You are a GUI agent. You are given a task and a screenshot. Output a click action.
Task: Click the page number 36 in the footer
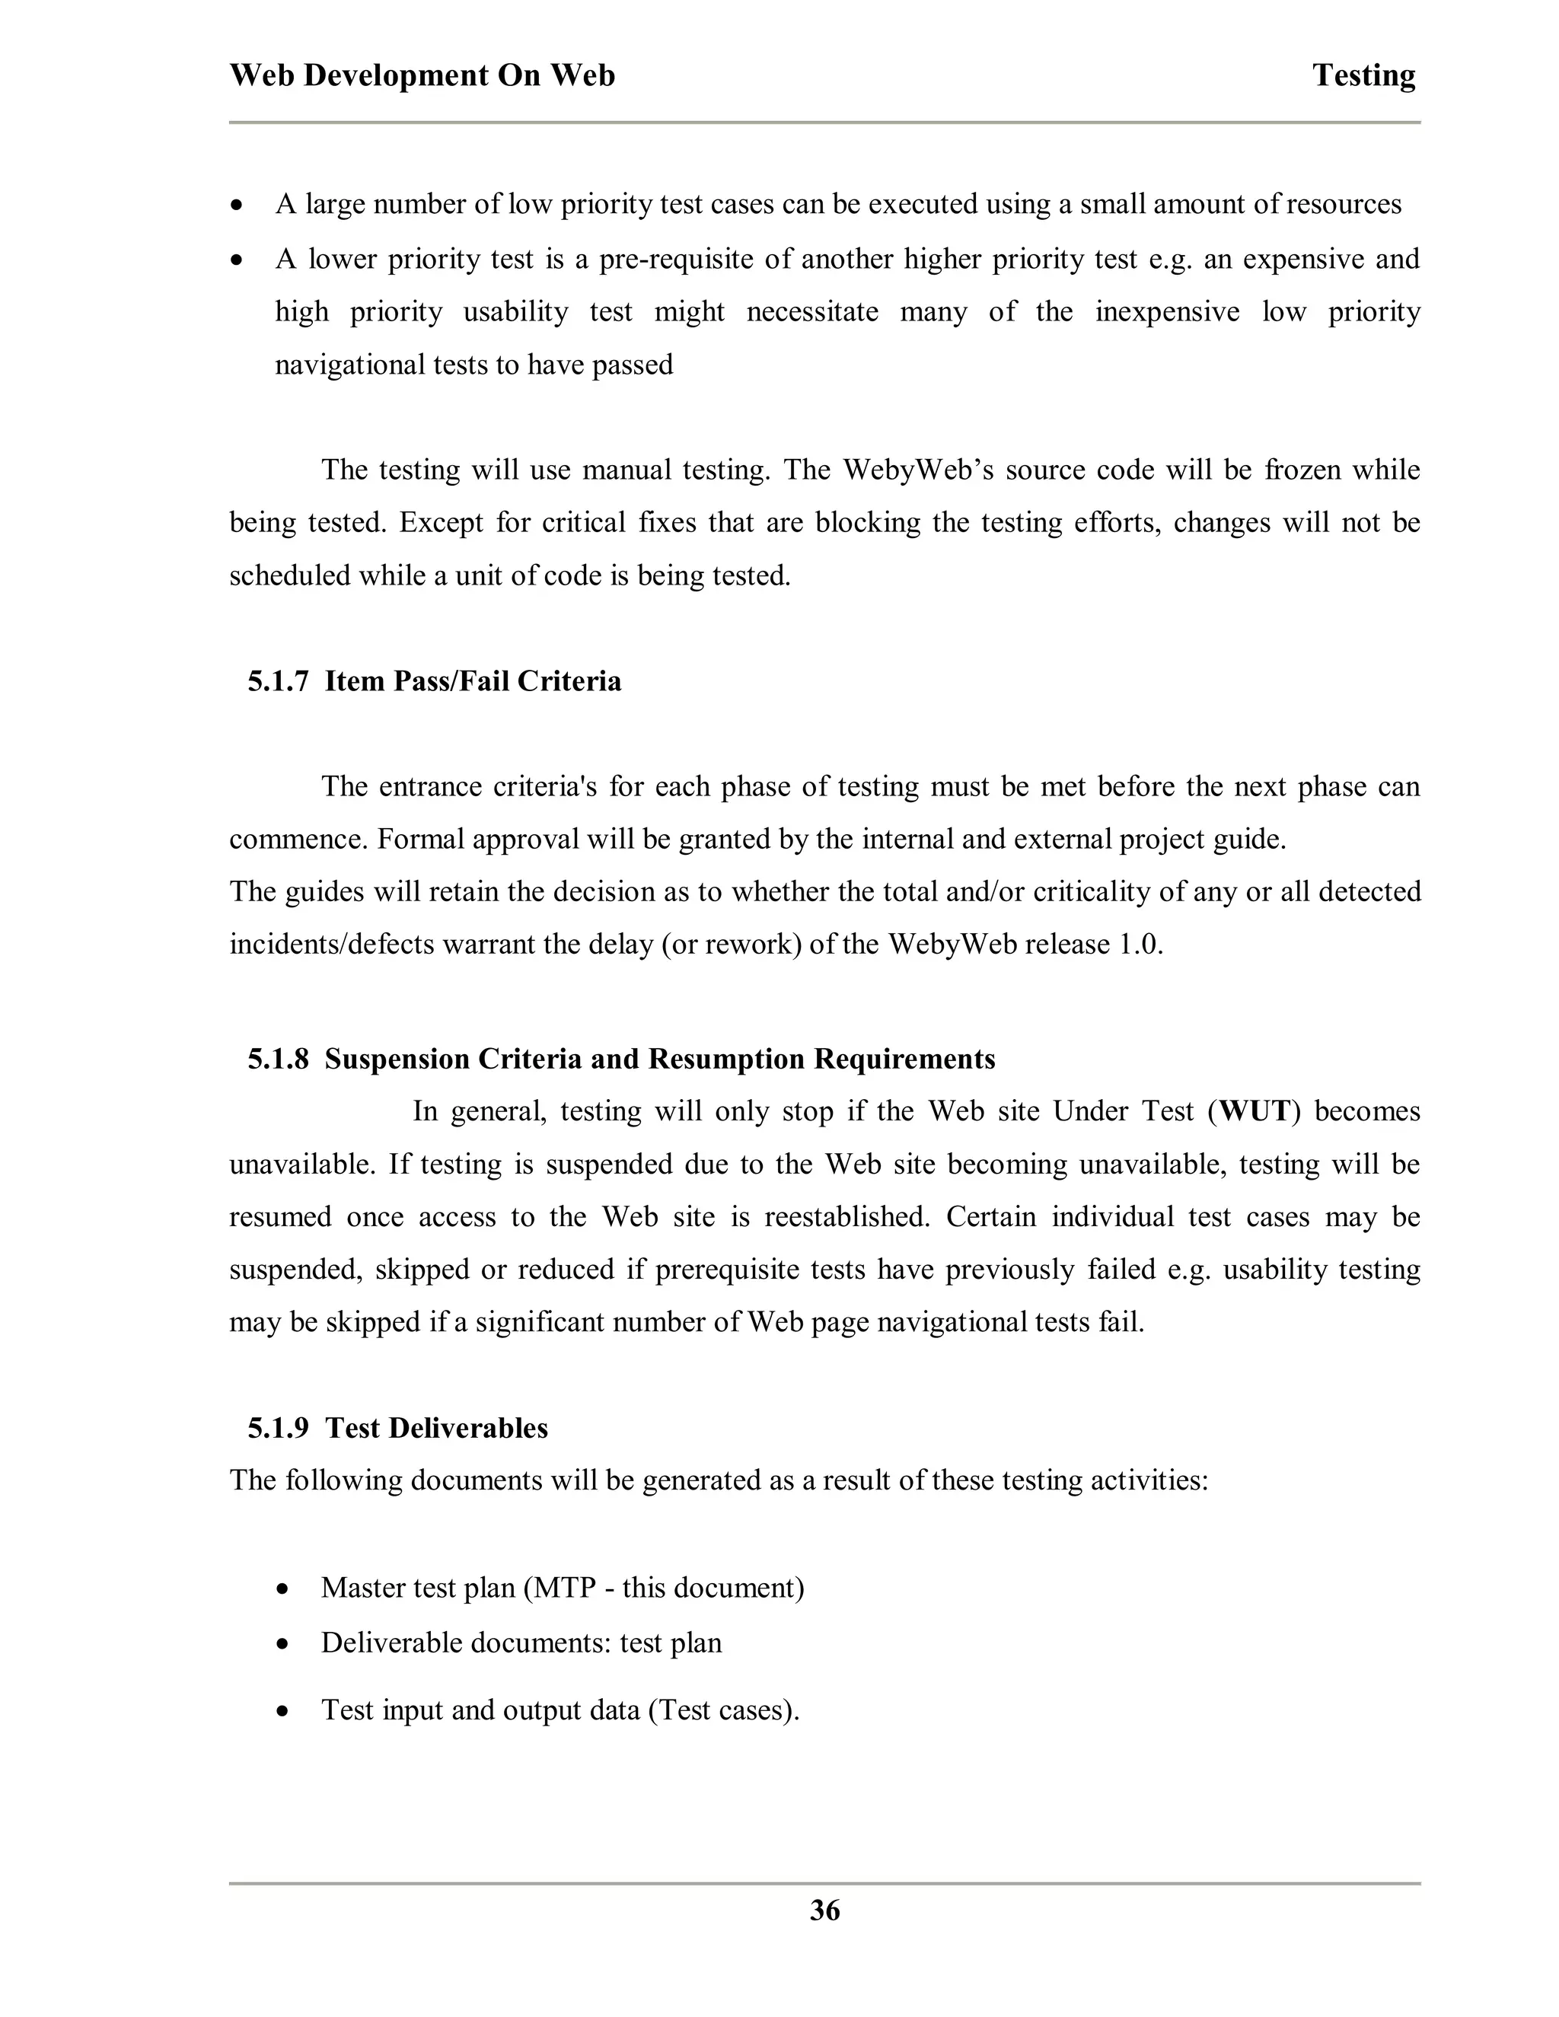[824, 1910]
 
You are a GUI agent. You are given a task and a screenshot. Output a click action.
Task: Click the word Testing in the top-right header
[1363, 75]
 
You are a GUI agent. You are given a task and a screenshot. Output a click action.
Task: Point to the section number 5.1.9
[277, 1428]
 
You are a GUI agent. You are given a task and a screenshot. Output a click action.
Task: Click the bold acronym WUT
[1255, 1111]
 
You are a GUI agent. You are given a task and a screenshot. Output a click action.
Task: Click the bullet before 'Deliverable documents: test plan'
[283, 1645]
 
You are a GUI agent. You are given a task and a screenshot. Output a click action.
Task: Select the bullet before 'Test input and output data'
[283, 1711]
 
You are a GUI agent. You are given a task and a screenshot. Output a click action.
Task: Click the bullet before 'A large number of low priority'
[238, 205]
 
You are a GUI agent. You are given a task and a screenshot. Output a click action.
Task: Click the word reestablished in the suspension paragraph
[846, 1216]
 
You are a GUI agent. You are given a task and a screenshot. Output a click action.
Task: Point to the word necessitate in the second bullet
[811, 312]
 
